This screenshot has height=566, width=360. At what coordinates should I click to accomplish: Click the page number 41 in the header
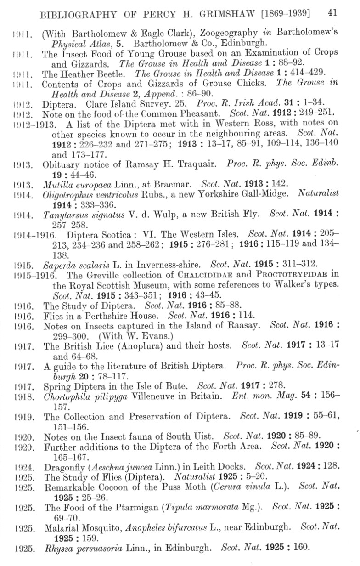point(333,12)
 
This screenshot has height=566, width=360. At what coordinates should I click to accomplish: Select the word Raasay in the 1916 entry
point(242,326)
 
